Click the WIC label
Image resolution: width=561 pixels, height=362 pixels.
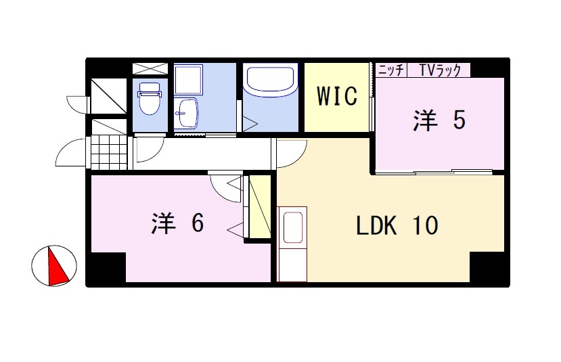click(x=337, y=96)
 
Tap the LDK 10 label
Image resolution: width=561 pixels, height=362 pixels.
click(x=397, y=225)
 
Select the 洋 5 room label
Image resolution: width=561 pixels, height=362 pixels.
click(x=439, y=120)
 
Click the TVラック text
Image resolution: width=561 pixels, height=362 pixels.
click(x=440, y=70)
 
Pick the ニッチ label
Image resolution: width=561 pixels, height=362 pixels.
click(x=391, y=70)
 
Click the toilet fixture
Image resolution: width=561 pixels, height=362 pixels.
click(x=150, y=98)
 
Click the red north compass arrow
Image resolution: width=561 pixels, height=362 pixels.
click(x=58, y=265)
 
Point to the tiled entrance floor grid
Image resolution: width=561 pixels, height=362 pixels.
click(x=109, y=152)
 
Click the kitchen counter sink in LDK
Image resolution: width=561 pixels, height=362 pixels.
click(x=294, y=227)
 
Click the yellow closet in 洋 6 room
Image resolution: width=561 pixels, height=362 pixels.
click(x=260, y=206)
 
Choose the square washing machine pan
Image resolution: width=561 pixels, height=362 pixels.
click(x=189, y=79)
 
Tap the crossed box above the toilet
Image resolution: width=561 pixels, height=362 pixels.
click(x=150, y=69)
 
